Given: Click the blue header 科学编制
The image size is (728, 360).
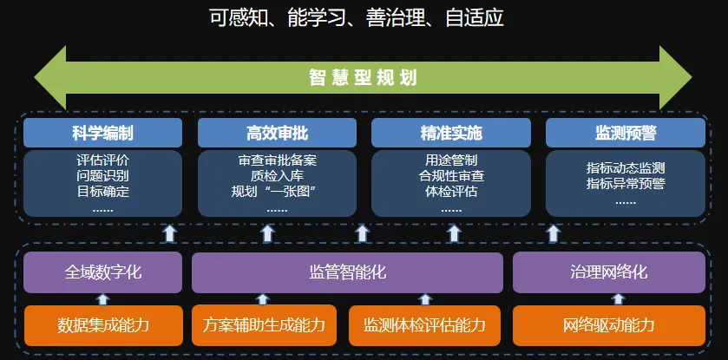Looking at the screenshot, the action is click(102, 133).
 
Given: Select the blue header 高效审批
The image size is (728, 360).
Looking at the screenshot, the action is click(277, 133).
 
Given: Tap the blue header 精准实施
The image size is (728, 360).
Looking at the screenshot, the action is click(451, 133).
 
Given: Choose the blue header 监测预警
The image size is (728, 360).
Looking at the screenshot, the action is click(626, 133).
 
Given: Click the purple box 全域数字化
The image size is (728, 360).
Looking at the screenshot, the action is click(102, 272).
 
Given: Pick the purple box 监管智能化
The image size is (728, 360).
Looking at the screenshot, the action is click(347, 272).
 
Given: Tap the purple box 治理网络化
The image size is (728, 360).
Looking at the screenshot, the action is click(608, 272).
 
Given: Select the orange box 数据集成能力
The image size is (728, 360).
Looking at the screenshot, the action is click(103, 325).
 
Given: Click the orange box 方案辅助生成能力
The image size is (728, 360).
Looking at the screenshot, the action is click(264, 325).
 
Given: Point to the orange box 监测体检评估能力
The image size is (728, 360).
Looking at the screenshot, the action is click(425, 325).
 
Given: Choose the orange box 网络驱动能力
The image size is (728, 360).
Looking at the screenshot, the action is click(608, 325).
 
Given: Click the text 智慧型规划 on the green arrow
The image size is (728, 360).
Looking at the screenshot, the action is click(363, 78).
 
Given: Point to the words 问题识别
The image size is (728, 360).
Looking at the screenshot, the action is click(103, 176).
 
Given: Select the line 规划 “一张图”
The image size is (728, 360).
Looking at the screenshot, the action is click(277, 191).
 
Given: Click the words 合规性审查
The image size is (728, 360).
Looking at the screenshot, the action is click(451, 176).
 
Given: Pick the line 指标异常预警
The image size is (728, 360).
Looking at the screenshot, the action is click(626, 183).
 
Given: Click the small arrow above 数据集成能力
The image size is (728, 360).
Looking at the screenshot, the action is click(103, 298).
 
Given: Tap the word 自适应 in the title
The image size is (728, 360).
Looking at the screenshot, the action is click(475, 18).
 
